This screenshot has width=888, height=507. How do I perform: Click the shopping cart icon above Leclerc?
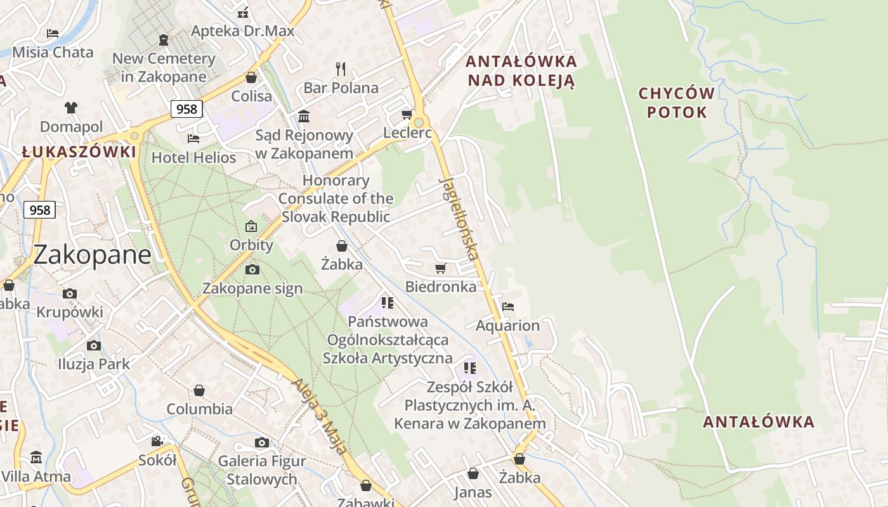point(407,115)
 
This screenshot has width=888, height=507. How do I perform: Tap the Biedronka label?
point(441,286)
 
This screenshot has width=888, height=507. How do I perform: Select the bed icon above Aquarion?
point(508,307)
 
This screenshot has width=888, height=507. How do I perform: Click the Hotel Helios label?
point(193,157)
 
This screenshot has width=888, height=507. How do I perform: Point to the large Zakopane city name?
point(92,255)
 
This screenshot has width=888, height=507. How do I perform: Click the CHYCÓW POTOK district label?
point(676,103)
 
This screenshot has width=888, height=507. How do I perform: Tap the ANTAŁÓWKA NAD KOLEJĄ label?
point(521,71)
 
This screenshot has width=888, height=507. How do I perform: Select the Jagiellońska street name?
point(458,219)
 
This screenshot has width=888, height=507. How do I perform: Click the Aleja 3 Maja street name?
point(320,416)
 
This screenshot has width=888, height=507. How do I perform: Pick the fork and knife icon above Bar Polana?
point(341,68)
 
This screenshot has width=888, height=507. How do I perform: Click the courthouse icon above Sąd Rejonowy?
point(304,117)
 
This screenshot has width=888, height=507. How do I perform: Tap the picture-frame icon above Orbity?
point(251,226)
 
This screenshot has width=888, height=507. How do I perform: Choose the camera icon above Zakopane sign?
point(252,270)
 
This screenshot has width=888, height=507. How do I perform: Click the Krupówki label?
point(70,312)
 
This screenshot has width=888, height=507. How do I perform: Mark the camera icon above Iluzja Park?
point(94,345)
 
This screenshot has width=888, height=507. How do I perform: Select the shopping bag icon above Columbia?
point(199,390)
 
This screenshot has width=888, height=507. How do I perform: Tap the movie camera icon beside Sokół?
point(157,441)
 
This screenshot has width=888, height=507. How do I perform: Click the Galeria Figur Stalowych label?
point(262,470)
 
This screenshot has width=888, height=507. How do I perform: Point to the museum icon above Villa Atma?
point(36,457)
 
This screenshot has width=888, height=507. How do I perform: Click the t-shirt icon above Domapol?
point(70,108)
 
